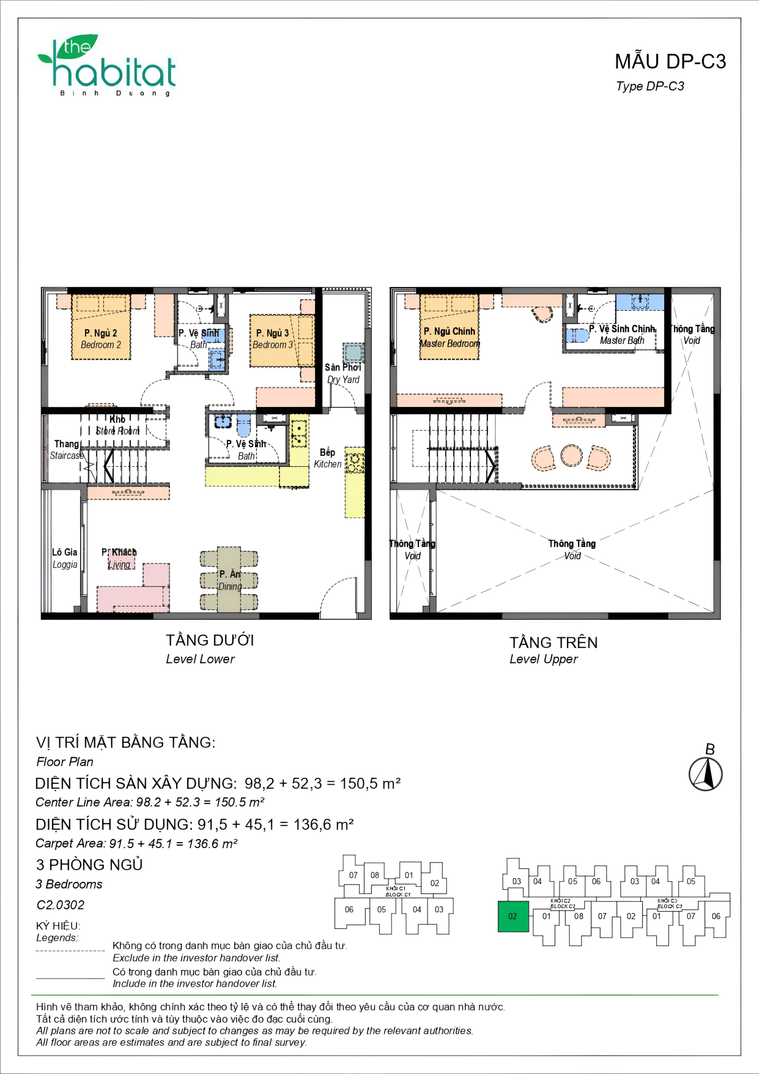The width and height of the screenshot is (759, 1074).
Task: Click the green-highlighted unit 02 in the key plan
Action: [513, 916]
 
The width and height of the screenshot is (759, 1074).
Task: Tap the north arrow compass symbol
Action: [705, 774]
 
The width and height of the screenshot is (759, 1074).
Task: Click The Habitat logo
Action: [108, 65]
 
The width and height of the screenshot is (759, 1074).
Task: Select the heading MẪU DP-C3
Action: [670, 62]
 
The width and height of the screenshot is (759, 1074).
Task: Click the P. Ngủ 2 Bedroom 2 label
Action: [101, 339]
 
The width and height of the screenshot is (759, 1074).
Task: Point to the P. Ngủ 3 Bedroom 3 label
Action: [273, 339]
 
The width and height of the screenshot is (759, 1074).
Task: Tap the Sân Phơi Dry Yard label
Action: [343, 373]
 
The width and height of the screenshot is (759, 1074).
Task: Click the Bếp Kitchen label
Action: [328, 458]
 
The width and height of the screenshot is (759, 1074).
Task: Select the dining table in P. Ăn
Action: [229, 579]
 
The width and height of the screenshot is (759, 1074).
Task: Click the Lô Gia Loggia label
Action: [65, 558]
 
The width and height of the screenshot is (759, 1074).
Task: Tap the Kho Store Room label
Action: [117, 425]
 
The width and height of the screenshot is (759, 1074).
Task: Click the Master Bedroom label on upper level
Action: [450, 337]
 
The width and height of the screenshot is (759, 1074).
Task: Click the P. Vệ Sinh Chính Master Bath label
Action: [621, 334]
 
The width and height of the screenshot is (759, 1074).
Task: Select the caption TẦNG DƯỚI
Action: [210, 640]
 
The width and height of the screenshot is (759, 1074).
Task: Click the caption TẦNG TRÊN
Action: [553, 642]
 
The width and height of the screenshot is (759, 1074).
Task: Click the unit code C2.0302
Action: [60, 905]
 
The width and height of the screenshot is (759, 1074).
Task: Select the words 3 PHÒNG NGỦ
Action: [89, 864]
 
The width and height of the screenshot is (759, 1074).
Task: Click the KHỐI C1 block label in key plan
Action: [397, 891]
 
